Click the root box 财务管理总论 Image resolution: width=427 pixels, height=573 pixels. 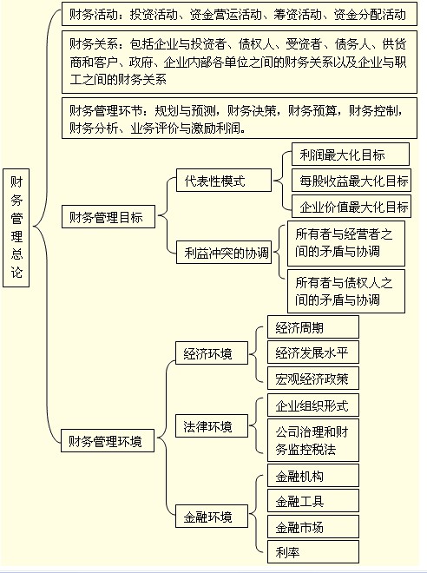(x=16, y=227)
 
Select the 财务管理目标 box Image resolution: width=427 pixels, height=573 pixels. (x=108, y=217)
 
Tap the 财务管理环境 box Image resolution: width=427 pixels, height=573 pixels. (x=108, y=441)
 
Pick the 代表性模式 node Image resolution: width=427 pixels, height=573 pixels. (x=224, y=181)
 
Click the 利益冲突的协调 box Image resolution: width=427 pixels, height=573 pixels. (x=224, y=252)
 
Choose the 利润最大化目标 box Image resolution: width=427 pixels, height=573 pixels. (x=351, y=155)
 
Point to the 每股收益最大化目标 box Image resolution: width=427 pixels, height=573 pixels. (x=351, y=181)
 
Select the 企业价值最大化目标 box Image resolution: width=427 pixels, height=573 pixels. (x=351, y=207)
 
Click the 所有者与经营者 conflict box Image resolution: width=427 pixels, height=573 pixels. (x=346, y=243)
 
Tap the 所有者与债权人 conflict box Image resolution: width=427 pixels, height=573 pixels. (x=346, y=291)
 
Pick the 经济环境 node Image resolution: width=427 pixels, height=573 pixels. (x=212, y=353)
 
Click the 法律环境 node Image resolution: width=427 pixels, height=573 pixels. (x=212, y=425)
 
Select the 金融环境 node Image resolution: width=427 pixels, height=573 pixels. (x=212, y=517)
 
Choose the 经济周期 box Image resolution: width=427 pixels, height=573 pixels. (x=313, y=327)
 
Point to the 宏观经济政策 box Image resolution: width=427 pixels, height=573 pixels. (x=313, y=379)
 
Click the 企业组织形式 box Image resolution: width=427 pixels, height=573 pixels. (x=313, y=405)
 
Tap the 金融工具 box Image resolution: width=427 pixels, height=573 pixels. (x=313, y=501)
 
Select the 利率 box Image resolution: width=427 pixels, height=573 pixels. (x=313, y=552)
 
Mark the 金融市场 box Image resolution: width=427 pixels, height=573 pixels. (x=313, y=527)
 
